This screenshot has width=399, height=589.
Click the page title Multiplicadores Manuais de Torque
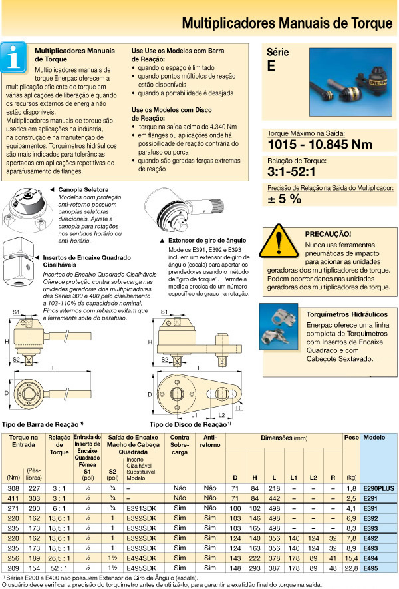[287, 24]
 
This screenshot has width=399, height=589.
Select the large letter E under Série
[271, 66]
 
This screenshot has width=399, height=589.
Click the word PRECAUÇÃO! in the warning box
[328, 235]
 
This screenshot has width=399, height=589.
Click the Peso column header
[350, 438]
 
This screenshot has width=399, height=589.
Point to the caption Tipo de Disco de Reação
[188, 424]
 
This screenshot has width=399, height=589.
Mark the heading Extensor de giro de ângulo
[202, 239]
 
